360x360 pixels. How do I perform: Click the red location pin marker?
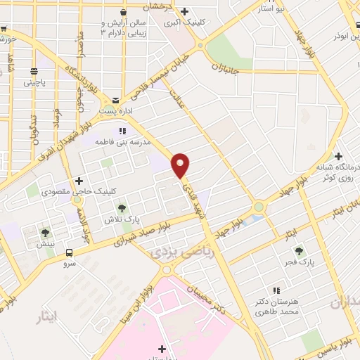(x=181, y=165)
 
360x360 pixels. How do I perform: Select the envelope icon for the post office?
(x=115, y=100)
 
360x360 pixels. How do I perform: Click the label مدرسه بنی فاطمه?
(x=127, y=141)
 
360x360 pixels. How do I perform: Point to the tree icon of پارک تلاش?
(x=122, y=208)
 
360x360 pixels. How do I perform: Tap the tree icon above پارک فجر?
(x=299, y=250)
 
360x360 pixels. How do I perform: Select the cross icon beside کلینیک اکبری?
(x=184, y=11)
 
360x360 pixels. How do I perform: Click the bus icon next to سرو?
(x=69, y=253)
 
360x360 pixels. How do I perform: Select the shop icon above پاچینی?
(x=34, y=72)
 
